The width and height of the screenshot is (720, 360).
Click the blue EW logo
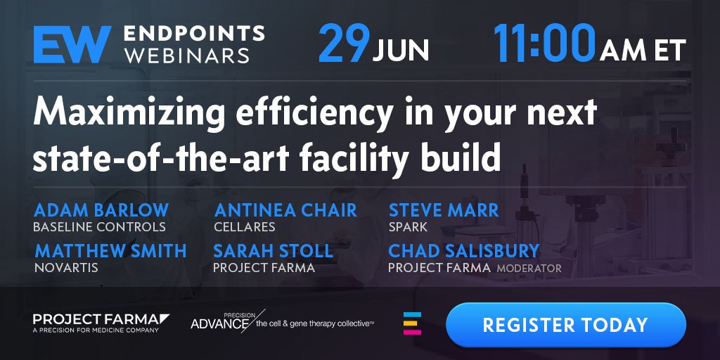pos(72,44)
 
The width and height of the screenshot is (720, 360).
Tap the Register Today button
pos(566,325)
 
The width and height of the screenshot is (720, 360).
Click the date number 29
pos(344,44)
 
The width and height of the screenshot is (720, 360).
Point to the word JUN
pos(400,50)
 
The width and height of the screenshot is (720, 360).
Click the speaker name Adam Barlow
pos(101,210)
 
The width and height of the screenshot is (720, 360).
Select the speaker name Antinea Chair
pos(285,210)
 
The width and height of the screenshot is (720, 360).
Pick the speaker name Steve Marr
pos(444,210)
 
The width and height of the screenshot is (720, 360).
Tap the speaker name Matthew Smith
pos(110,251)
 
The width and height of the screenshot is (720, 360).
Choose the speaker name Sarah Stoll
pos(274,251)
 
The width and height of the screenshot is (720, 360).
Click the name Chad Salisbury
pos(464,251)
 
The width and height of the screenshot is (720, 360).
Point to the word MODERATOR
pos(529,268)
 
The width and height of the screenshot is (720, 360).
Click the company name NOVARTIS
pos(66,268)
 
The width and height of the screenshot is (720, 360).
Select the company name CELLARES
pos(245,227)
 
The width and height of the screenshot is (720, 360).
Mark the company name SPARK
pos(409,227)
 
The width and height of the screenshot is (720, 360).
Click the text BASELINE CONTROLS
pos(99,227)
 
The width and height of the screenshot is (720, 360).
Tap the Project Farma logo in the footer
pos(101,323)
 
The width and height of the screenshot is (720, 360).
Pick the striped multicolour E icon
pos(412,323)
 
